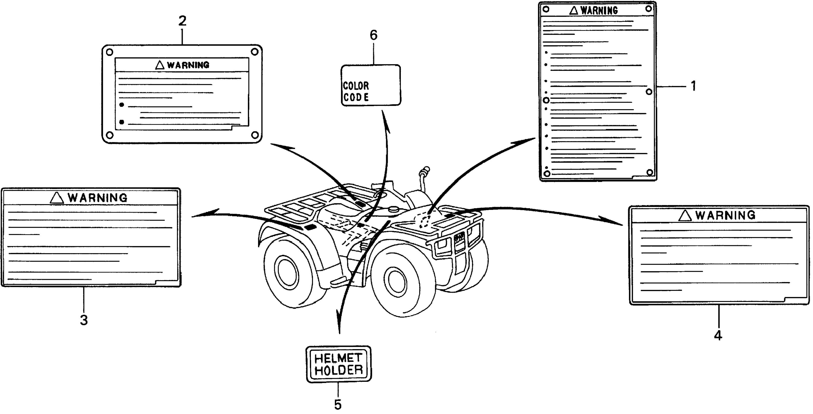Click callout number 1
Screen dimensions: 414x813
click(693, 86)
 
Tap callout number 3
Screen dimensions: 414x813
click(84, 320)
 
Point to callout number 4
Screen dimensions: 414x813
click(718, 335)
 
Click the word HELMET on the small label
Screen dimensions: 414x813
click(338, 358)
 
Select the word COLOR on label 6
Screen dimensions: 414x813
click(356, 86)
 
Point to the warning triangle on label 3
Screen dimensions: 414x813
click(57, 198)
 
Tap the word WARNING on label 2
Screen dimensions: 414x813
click(188, 65)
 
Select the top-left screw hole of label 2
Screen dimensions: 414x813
click(110, 52)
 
